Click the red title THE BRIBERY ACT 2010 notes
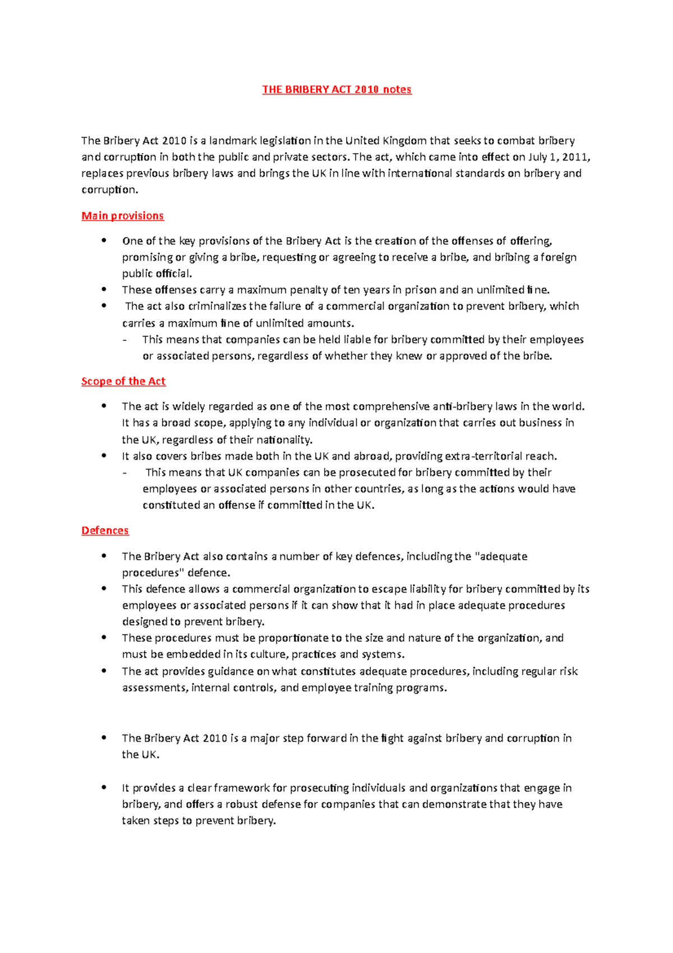[336, 90]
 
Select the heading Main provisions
[122, 216]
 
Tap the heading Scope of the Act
[123, 382]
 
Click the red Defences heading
[105, 531]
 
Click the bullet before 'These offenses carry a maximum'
[104, 290]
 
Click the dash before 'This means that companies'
[124, 340]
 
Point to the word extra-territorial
[478, 456]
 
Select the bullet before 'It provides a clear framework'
[104, 787]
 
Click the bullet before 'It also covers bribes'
[104, 456]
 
